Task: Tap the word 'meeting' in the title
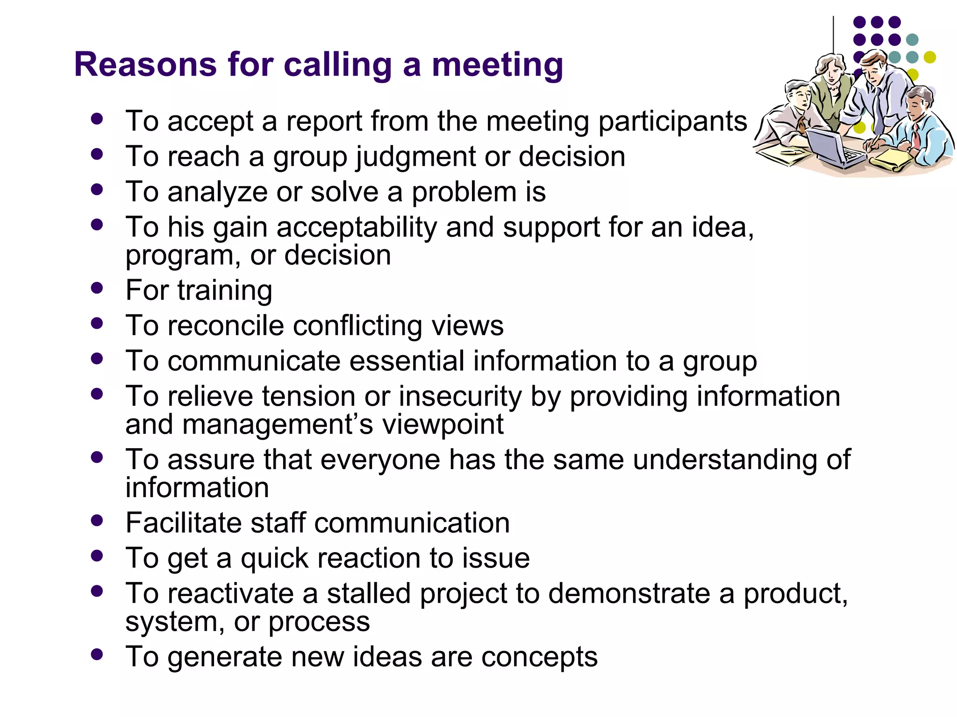coord(497,65)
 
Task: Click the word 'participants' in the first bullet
coord(673,122)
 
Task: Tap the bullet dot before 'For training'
coord(97,288)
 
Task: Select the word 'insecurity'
coord(460,397)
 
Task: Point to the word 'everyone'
coord(380,460)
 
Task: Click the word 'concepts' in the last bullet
coord(539,657)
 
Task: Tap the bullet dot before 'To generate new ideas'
coord(97,654)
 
